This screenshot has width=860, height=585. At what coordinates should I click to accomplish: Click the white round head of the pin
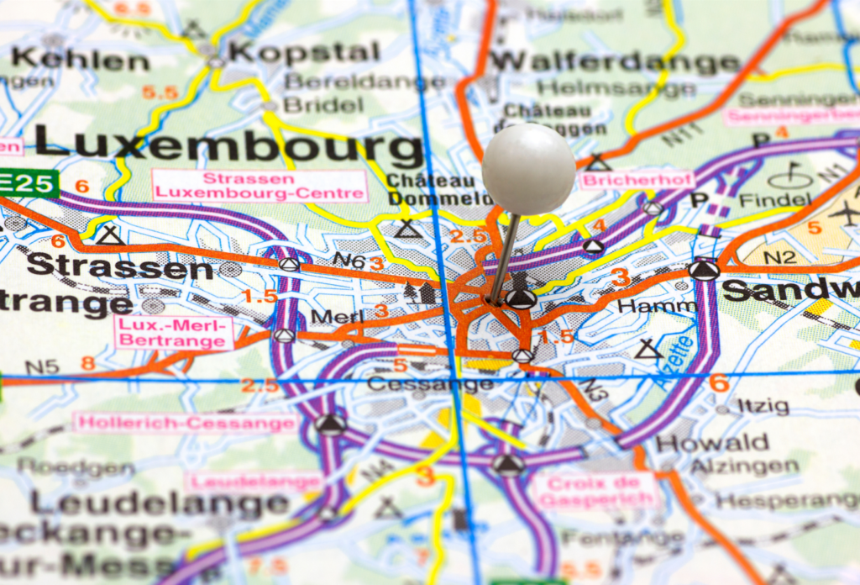(528, 168)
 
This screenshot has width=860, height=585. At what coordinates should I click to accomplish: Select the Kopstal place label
(304, 52)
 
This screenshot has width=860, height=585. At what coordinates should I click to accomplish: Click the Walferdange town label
(615, 61)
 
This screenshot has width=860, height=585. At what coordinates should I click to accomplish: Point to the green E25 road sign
(28, 182)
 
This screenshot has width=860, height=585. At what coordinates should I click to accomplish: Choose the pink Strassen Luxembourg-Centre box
(260, 185)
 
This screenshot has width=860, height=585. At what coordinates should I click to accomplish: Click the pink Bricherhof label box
(638, 180)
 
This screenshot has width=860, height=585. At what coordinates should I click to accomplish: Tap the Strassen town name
(119, 266)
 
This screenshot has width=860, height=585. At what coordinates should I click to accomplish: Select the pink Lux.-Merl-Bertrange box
(174, 332)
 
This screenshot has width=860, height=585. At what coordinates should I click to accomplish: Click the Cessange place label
(430, 384)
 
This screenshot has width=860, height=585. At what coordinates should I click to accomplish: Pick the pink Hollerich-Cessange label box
(185, 422)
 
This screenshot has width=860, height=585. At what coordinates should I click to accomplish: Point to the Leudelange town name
(160, 503)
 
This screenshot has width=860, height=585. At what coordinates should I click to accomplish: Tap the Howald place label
(712, 442)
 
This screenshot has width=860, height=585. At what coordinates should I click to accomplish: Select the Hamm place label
(656, 307)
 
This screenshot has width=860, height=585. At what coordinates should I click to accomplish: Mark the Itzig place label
(763, 406)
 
